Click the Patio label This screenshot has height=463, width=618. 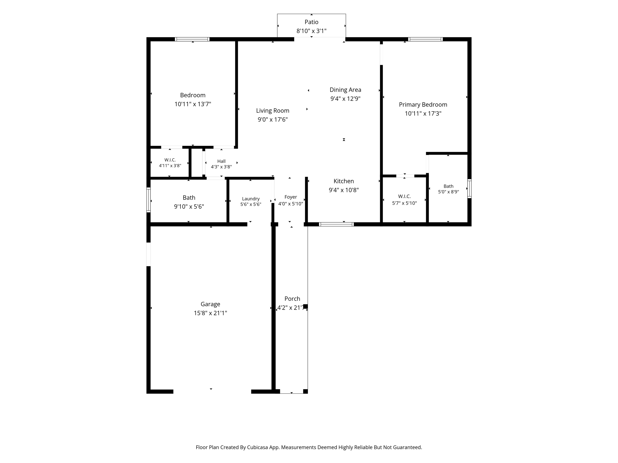311,22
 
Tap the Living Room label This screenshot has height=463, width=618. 273,111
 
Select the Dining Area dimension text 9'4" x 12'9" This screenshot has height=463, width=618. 346,99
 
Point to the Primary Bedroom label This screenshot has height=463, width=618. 423,105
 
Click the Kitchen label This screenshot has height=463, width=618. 344,181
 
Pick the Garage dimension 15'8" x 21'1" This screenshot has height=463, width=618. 210,313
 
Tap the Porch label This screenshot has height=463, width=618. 292,299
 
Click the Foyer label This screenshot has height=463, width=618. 291,197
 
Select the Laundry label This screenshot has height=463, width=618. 251,199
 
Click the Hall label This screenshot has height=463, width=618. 221,161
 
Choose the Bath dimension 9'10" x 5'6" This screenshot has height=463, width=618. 189,207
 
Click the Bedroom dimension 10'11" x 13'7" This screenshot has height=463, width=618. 193,104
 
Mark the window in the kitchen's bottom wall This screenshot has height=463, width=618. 336,224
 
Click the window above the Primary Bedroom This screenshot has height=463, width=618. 425,39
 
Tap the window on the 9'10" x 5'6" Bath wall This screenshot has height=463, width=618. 148,200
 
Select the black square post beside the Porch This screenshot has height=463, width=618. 305,307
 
